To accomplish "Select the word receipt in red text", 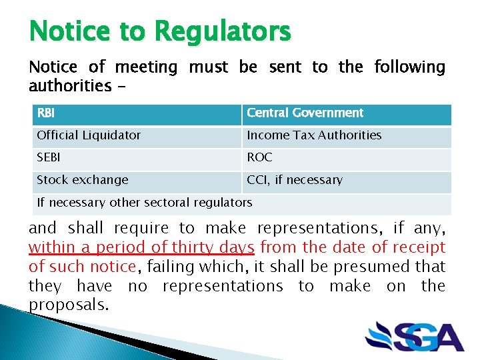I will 418,247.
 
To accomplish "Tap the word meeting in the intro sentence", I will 146,67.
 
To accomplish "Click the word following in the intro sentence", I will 409,67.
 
